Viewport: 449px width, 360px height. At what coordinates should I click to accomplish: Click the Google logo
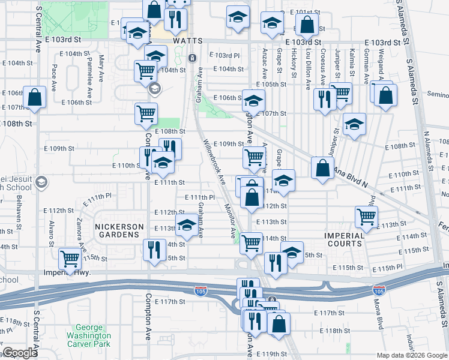[19, 353]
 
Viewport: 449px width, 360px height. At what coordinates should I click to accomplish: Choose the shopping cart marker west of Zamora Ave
[70, 259]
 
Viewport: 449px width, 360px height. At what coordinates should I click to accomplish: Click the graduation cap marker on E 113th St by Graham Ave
[187, 226]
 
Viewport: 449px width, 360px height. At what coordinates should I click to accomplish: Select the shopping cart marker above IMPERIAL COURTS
[366, 217]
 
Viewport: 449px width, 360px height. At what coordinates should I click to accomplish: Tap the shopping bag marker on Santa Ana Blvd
[322, 168]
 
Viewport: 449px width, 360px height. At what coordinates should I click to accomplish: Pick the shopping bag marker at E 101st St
[307, 25]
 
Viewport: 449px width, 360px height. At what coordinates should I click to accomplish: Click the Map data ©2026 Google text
[411, 355]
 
